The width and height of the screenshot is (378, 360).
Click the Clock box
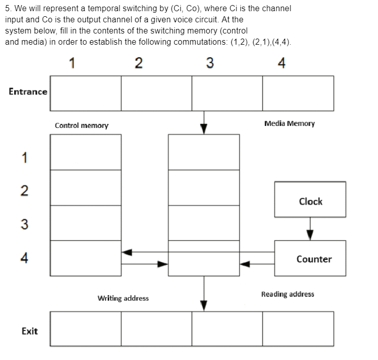coord(310,199)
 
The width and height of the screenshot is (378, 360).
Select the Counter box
coord(310,258)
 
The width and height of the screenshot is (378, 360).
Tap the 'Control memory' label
coord(81,125)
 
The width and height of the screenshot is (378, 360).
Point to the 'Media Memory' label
coord(289,123)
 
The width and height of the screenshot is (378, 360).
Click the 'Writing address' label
coord(123,298)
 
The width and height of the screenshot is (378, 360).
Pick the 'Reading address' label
coord(288,294)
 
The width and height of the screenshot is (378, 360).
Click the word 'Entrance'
coord(28,92)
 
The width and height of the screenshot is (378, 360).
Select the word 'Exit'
coord(29,331)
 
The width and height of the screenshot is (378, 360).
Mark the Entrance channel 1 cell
coord(85,93)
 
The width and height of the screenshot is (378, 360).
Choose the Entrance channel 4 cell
coord(298,93)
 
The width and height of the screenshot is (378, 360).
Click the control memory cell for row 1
coord(85,152)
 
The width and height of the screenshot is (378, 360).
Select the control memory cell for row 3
coord(85,223)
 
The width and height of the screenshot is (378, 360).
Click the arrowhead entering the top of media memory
coord(204,129)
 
